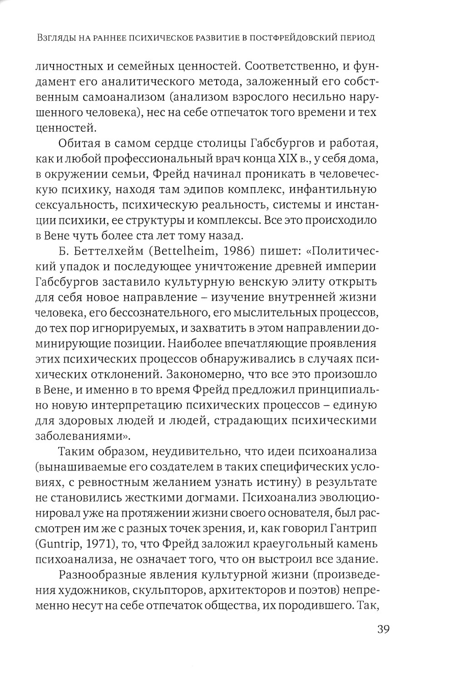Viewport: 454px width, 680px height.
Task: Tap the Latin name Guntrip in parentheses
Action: pyautogui.click(x=58, y=544)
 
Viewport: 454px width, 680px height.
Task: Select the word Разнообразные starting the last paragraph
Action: pyautogui.click(x=103, y=574)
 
